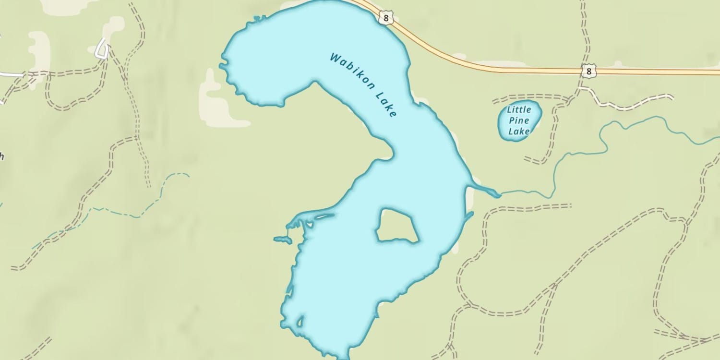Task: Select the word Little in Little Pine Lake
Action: pos(519,110)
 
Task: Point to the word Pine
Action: pos(518,120)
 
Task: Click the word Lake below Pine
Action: pos(518,131)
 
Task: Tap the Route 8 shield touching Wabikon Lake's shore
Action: pos(385,18)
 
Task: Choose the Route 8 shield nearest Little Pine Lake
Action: pos(588,72)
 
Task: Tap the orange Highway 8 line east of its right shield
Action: pos(662,72)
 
